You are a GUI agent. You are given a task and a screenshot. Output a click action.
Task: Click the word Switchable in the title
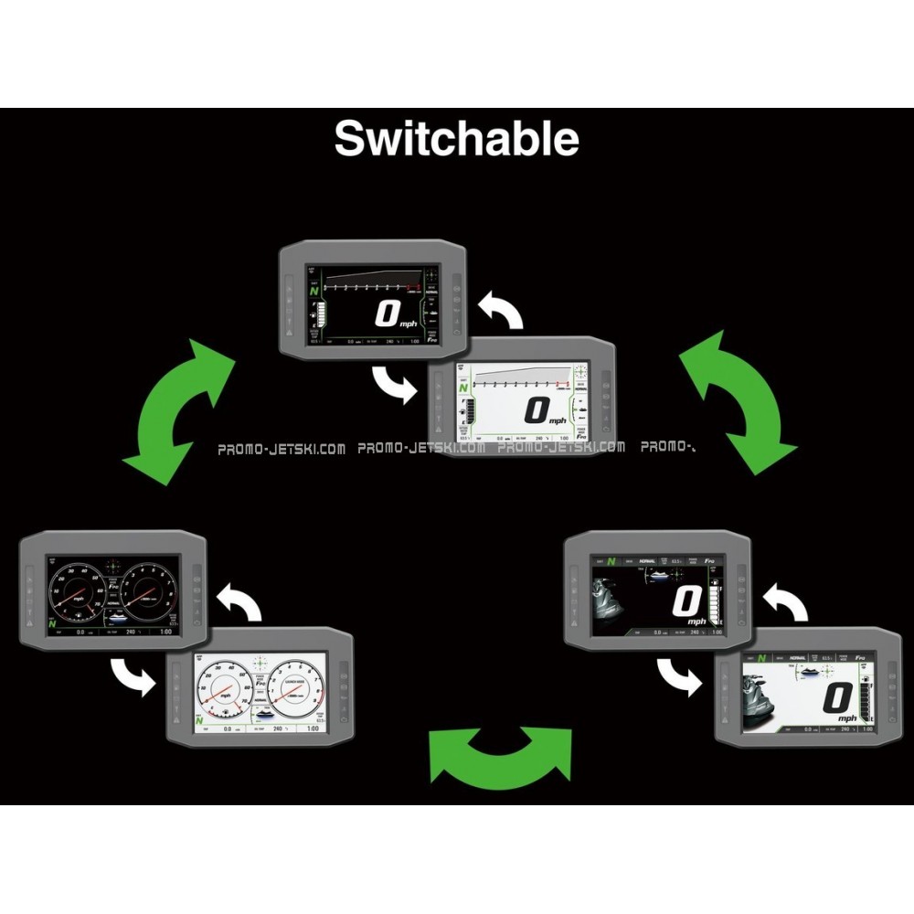pos(456,139)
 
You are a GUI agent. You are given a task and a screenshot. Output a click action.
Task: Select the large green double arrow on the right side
pos(737,402)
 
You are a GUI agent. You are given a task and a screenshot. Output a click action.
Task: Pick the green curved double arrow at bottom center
pos(500,754)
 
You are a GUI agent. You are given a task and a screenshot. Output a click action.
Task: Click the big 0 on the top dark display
pos(388,314)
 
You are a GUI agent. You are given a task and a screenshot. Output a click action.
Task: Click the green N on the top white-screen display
pos(465,386)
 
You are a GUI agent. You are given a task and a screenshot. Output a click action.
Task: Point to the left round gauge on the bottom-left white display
pos(224,689)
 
